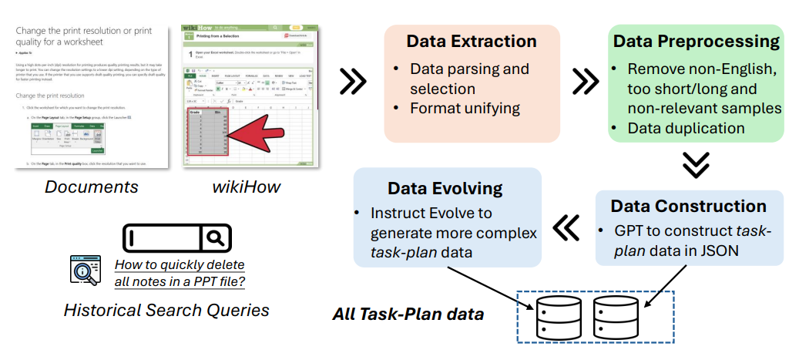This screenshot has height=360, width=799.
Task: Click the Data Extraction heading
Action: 472,41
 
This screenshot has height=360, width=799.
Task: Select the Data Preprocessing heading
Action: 696,41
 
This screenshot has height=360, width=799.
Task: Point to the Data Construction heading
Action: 688,206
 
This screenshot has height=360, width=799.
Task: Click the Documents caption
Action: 91,187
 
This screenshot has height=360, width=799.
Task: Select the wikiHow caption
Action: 246,187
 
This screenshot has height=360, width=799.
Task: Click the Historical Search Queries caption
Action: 166,311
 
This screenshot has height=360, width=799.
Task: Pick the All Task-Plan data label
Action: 408,314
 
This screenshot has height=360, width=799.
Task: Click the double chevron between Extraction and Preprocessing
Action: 585,80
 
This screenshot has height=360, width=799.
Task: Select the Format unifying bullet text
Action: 465,107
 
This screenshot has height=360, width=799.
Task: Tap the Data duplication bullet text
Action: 686,128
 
